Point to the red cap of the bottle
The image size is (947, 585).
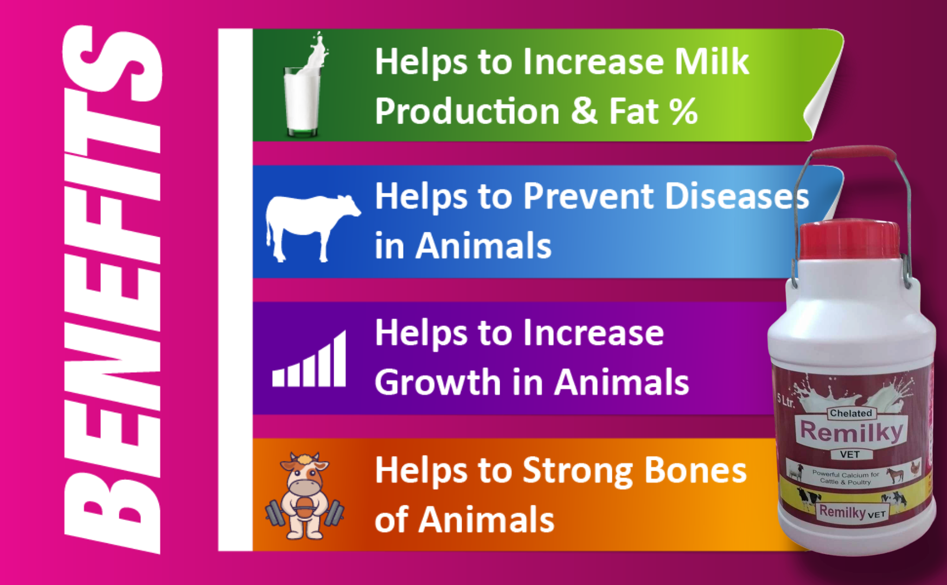pyautogui.click(x=849, y=238)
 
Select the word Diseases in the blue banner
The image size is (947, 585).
pyautogui.click(x=737, y=196)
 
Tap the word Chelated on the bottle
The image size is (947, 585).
pyautogui.click(x=850, y=413)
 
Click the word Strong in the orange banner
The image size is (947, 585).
pyautogui.click(x=578, y=471)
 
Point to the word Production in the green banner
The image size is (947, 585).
pyautogui.click(x=467, y=112)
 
